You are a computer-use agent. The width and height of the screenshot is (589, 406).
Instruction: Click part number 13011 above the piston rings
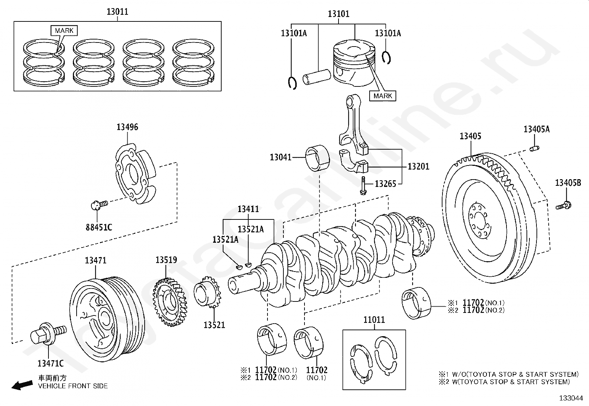coord(117,11)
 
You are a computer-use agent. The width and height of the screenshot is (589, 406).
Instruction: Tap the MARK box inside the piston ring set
coord(64,30)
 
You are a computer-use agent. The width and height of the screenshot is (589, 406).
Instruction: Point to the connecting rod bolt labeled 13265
coord(363,185)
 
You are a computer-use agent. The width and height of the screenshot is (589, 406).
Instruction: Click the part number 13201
coord(418,167)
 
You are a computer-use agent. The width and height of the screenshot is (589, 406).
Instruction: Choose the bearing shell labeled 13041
coord(318,159)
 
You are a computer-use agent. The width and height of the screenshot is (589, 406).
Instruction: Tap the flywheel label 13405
coord(470,136)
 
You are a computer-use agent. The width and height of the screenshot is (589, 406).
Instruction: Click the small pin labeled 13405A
coord(535,149)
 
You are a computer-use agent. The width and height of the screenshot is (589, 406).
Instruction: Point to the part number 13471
coord(95,260)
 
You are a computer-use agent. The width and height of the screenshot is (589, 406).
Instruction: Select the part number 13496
coord(127,127)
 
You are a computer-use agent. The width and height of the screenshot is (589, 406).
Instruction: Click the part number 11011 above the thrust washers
coord(374,320)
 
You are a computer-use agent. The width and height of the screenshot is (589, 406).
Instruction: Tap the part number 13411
coord(248,209)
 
